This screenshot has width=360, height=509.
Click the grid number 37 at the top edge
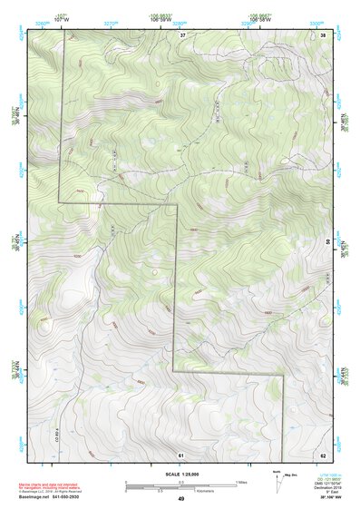(x=182, y=34)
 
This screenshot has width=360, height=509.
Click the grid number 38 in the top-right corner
(x=324, y=34)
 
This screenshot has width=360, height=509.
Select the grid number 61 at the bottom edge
(x=181, y=454)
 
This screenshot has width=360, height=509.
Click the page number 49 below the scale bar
(x=181, y=498)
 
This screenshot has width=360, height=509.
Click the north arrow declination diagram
(x=278, y=478)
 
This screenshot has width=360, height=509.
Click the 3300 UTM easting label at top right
(x=316, y=20)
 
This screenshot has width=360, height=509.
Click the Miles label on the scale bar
(x=241, y=481)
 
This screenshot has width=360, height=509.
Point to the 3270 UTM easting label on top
(x=111, y=20)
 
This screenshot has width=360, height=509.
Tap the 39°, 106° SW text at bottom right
(x=319, y=498)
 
